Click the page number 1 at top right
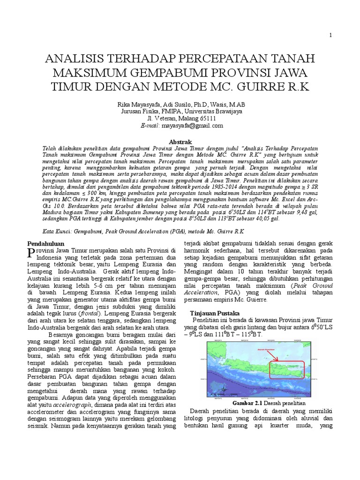click(x=330, y=36)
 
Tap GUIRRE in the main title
click(x=270, y=88)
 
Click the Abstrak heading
click(x=180, y=141)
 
